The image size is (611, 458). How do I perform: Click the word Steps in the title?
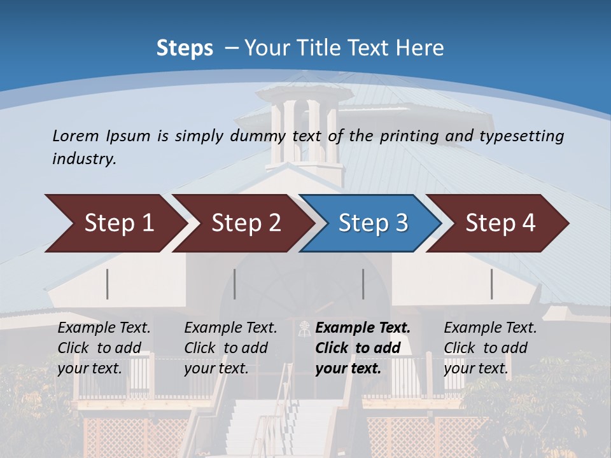click(185, 48)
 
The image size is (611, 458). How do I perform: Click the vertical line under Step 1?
click(108, 284)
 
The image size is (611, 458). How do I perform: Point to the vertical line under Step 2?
click(235, 284)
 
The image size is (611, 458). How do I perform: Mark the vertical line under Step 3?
click(363, 284)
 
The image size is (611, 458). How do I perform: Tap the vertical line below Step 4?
click(492, 284)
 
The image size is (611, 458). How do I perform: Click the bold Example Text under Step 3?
click(363, 328)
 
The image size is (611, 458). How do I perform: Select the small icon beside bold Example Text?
click(305, 328)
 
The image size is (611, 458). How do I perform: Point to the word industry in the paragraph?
click(84, 158)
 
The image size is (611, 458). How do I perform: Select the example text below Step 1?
click(104, 348)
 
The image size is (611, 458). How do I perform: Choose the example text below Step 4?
click(490, 348)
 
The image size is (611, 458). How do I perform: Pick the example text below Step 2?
click(230, 348)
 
